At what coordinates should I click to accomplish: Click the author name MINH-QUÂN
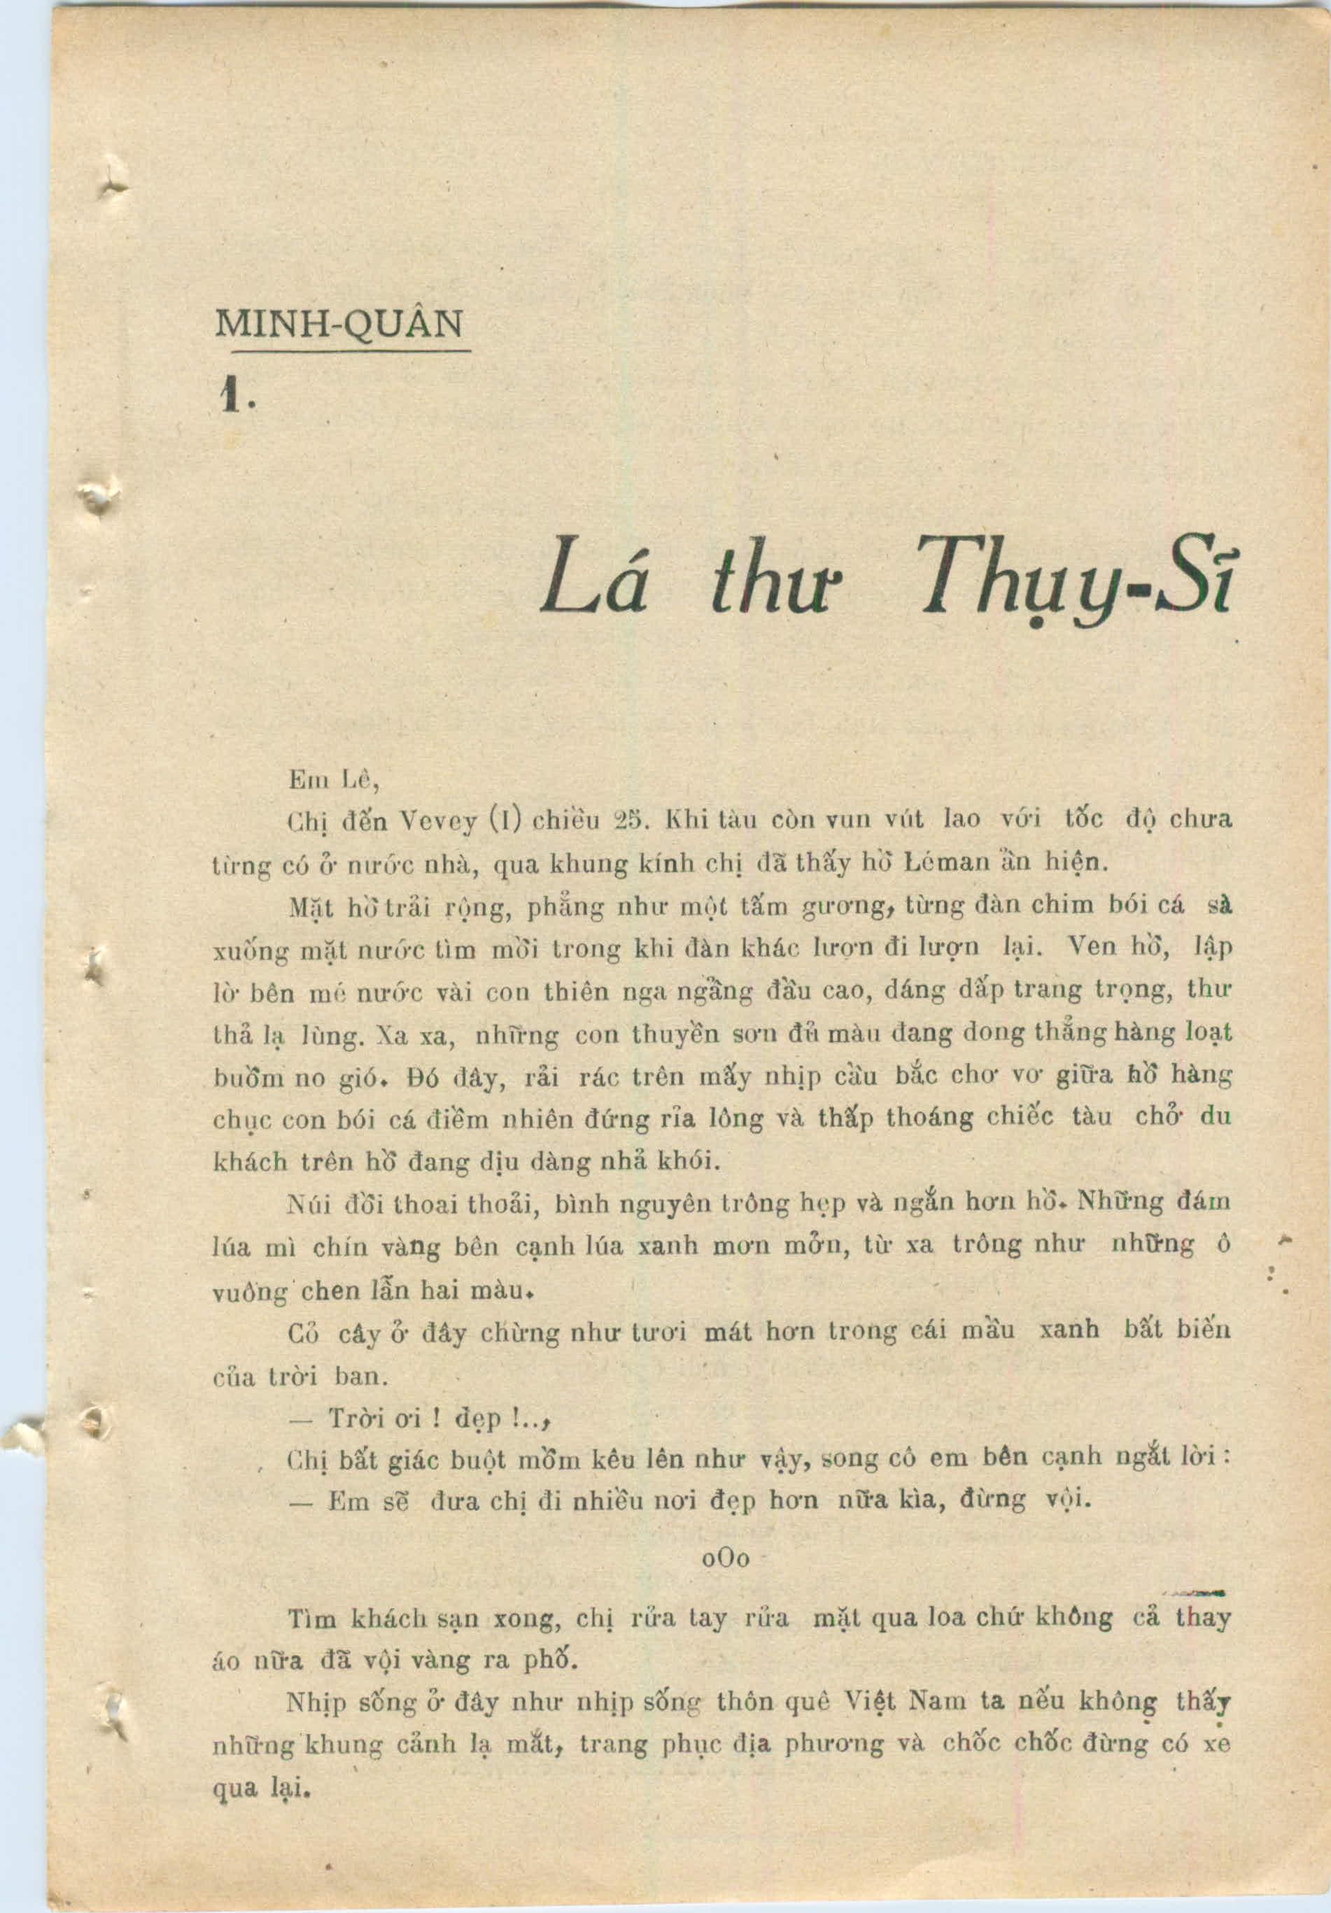point(339,324)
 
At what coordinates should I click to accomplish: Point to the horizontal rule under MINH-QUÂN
point(342,350)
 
